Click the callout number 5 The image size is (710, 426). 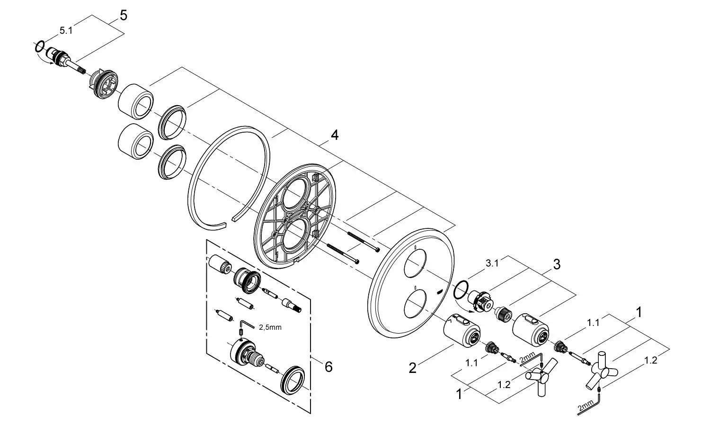point(124,15)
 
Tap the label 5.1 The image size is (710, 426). point(66,30)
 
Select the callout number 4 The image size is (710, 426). point(334,135)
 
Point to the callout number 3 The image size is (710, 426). point(557,264)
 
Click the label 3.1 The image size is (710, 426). point(492,263)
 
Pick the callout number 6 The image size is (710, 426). point(328,367)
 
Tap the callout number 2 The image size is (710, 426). point(412,368)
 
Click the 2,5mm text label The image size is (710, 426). point(270,327)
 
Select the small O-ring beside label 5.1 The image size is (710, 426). point(40,46)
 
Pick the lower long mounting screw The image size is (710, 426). point(343,254)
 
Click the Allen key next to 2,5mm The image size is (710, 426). point(248,325)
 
